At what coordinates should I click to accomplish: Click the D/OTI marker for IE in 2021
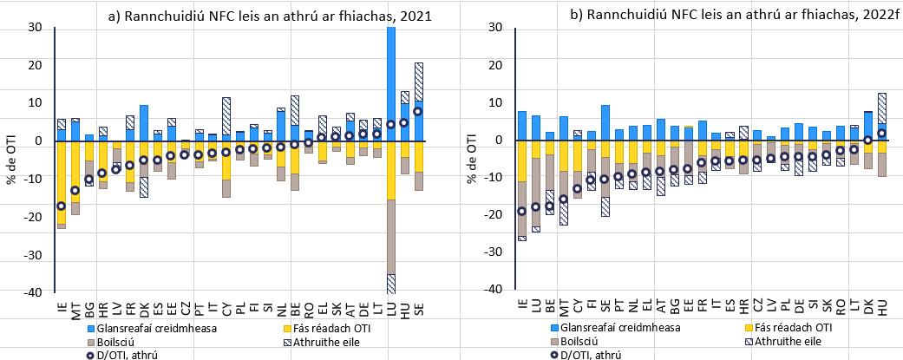(61, 206)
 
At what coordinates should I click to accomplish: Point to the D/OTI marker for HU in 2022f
(881, 133)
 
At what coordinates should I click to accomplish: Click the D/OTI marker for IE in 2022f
(521, 211)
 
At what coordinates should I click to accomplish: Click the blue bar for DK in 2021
(143, 122)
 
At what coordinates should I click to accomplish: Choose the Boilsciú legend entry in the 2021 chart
(108, 340)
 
